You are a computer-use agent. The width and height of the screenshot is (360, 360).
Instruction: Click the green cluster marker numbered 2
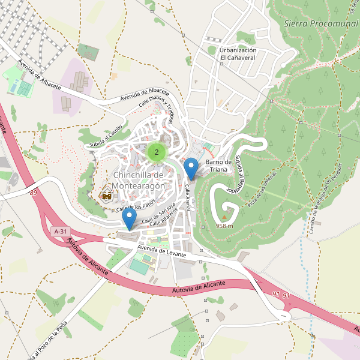(x=157, y=152)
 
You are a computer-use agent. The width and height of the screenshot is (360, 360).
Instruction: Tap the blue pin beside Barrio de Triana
(x=191, y=168)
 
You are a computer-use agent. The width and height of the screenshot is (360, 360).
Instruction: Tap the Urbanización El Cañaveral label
(x=238, y=54)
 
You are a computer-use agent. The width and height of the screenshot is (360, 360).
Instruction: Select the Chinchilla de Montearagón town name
(x=138, y=180)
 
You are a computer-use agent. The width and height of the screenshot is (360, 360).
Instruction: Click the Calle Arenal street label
(x=188, y=197)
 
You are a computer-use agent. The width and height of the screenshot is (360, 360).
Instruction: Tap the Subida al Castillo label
(x=106, y=137)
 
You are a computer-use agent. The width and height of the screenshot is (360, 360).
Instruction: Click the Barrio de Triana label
(x=218, y=166)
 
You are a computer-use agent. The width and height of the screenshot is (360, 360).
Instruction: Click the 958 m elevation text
(x=225, y=226)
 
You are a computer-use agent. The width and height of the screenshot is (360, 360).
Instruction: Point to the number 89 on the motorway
(x=32, y=192)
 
